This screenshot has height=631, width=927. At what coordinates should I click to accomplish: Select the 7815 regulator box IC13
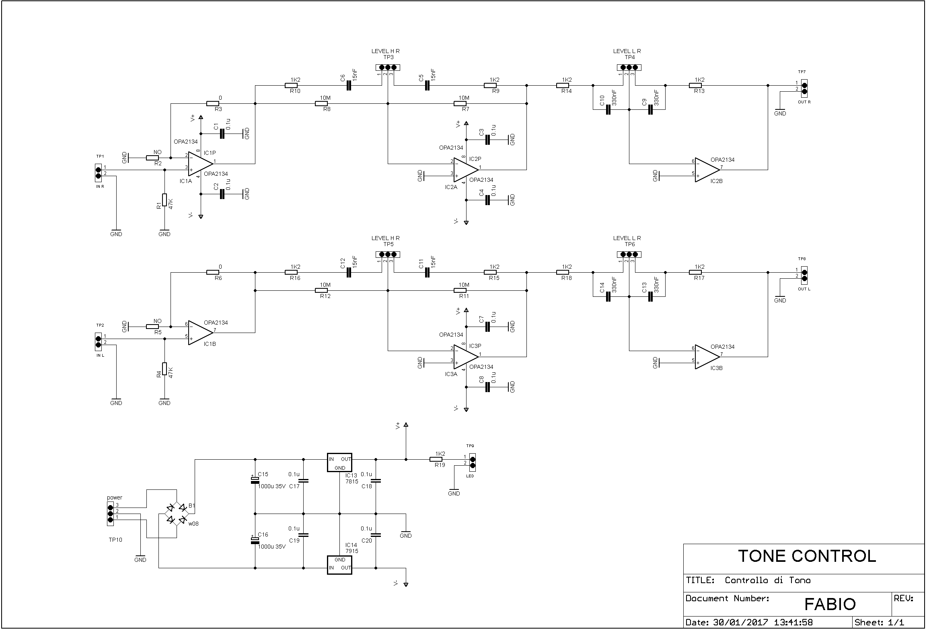pyautogui.click(x=339, y=463)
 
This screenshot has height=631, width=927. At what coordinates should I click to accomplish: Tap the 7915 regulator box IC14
pyautogui.click(x=339, y=565)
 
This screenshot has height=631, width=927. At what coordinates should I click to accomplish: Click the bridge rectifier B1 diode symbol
pyautogui.click(x=177, y=514)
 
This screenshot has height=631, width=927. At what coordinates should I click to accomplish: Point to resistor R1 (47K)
pyautogui.click(x=164, y=200)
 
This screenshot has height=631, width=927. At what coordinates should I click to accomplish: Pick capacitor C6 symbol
pyautogui.click(x=349, y=86)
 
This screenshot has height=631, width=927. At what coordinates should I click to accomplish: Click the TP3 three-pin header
pyautogui.click(x=388, y=68)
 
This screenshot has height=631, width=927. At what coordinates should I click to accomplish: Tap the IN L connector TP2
pyautogui.click(x=98, y=342)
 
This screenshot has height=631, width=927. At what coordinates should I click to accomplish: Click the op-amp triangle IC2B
pyautogui.click(x=707, y=170)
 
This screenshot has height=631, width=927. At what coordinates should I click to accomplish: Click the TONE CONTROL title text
pyautogui.click(x=807, y=556)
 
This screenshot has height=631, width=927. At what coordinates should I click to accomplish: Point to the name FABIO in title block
pyautogui.click(x=830, y=604)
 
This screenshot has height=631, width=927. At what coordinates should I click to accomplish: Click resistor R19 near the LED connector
pyautogui.click(x=436, y=459)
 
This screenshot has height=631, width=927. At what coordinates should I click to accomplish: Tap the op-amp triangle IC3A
pyautogui.click(x=466, y=357)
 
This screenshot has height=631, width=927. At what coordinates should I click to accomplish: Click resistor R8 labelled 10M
pyautogui.click(x=321, y=104)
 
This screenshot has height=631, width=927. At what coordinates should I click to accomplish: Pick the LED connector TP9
pyautogui.click(x=473, y=462)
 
